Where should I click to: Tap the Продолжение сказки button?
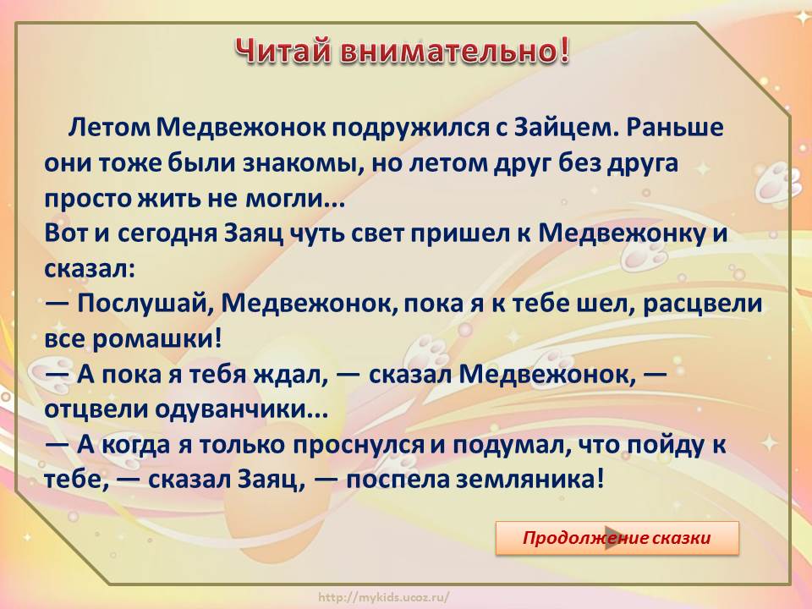click(617, 538)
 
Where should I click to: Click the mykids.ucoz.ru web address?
click(384, 597)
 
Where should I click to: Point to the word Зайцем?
click(567, 127)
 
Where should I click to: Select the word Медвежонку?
click(622, 234)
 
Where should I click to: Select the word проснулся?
click(359, 446)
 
